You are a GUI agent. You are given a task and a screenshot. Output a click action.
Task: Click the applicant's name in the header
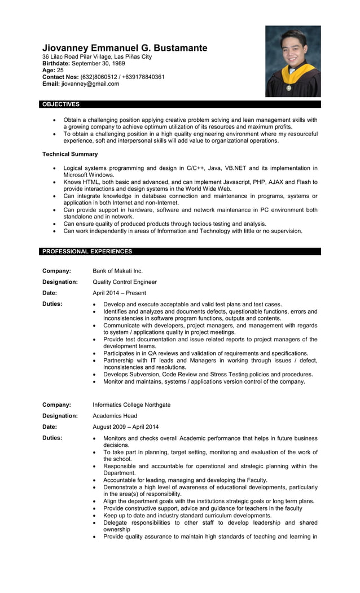click(x=125, y=48)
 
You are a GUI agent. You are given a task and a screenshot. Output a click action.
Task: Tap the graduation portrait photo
click(x=293, y=61)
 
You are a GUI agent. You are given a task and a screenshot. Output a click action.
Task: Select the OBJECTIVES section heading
click(x=61, y=104)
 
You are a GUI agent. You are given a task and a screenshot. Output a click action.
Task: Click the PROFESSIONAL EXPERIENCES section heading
click(x=87, y=251)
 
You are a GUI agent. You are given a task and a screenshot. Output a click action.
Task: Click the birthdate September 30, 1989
click(x=99, y=64)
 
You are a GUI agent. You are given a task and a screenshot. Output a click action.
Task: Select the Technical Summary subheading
click(x=70, y=154)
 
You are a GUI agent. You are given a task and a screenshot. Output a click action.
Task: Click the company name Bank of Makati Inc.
click(x=117, y=271)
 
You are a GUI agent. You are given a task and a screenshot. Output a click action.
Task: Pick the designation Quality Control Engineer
click(x=125, y=282)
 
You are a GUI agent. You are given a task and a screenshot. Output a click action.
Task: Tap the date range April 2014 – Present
click(x=119, y=293)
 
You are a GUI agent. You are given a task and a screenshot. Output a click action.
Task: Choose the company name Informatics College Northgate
click(x=131, y=405)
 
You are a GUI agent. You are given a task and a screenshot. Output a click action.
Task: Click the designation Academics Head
click(x=115, y=416)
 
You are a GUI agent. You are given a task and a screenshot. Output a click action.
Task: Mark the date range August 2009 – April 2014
click(x=125, y=427)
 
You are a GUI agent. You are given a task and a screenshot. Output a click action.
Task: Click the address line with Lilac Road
click(x=97, y=57)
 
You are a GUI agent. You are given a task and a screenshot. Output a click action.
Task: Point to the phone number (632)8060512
click(x=99, y=77)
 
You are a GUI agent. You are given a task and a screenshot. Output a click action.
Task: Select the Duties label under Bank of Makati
click(x=52, y=304)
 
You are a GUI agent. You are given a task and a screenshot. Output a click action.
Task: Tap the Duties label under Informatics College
click(x=52, y=438)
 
